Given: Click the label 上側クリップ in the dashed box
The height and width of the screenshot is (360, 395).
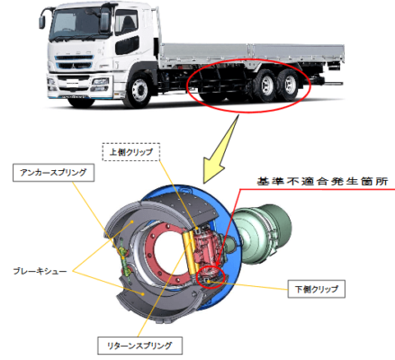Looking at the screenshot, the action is point(131,152).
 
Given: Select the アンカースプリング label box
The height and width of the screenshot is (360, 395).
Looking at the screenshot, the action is point(53,173).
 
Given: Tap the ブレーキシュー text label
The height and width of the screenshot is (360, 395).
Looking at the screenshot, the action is point(40,271).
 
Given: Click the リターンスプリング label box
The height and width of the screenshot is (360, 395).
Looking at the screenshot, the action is point(139,346).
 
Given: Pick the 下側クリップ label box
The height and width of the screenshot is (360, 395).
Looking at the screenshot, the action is point(317,289).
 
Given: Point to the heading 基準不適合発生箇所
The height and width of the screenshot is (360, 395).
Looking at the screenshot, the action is point(322,182).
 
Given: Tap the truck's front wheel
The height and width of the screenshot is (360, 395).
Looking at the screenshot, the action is point(138,89).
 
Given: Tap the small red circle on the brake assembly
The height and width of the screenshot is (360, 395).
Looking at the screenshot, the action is point(211,276).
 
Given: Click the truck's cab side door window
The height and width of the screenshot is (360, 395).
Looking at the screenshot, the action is point(126,22).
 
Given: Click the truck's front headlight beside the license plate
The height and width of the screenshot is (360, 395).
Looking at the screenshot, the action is point(100,82).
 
